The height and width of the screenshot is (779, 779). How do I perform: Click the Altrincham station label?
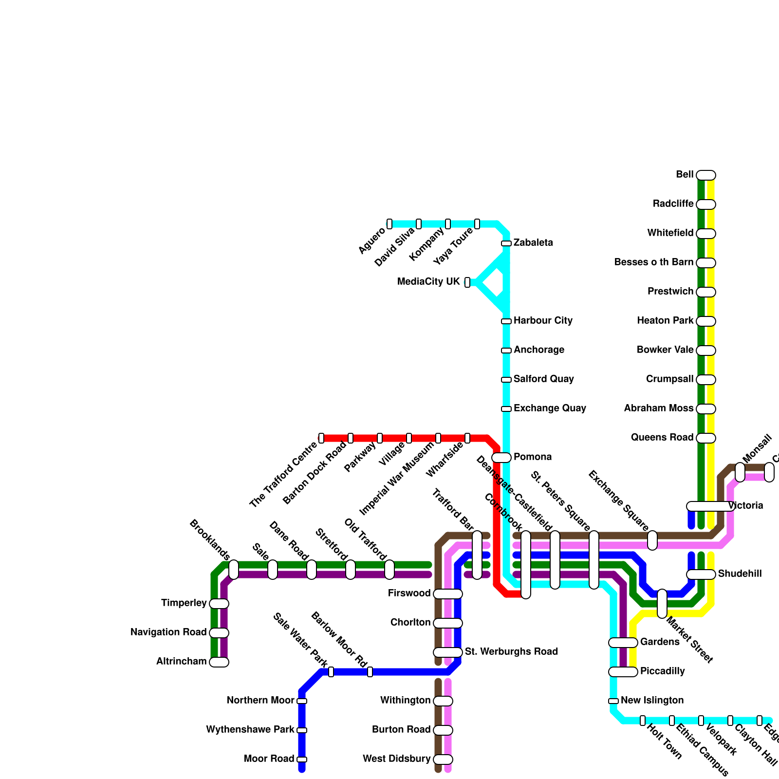[x=181, y=662]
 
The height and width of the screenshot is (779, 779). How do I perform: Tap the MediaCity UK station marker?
[x=467, y=282]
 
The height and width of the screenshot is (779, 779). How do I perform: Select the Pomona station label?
[x=533, y=457]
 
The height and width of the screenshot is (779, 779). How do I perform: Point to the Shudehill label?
[x=740, y=574]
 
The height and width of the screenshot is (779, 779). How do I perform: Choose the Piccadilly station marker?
[x=623, y=672]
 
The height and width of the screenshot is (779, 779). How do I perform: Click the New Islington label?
[x=652, y=701]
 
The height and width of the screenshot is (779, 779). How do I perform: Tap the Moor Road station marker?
[x=302, y=760]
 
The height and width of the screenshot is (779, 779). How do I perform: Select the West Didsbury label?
[x=396, y=759]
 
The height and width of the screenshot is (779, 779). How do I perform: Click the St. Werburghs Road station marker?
[x=448, y=652]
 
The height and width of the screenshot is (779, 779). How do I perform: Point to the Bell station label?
[x=684, y=175]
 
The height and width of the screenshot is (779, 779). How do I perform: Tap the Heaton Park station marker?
[x=706, y=321]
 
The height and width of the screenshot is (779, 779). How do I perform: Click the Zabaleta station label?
[x=533, y=243]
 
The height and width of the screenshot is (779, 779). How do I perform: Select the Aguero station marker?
[x=389, y=224]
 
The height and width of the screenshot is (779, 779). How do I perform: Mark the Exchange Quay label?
[x=550, y=408]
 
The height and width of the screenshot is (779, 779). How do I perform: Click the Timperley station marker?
[x=219, y=604]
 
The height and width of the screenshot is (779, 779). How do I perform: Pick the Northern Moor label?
[x=260, y=701]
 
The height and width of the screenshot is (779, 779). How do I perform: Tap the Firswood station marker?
[x=448, y=594]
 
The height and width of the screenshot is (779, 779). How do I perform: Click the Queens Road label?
[x=662, y=438]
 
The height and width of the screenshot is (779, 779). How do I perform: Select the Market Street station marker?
[x=662, y=604]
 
